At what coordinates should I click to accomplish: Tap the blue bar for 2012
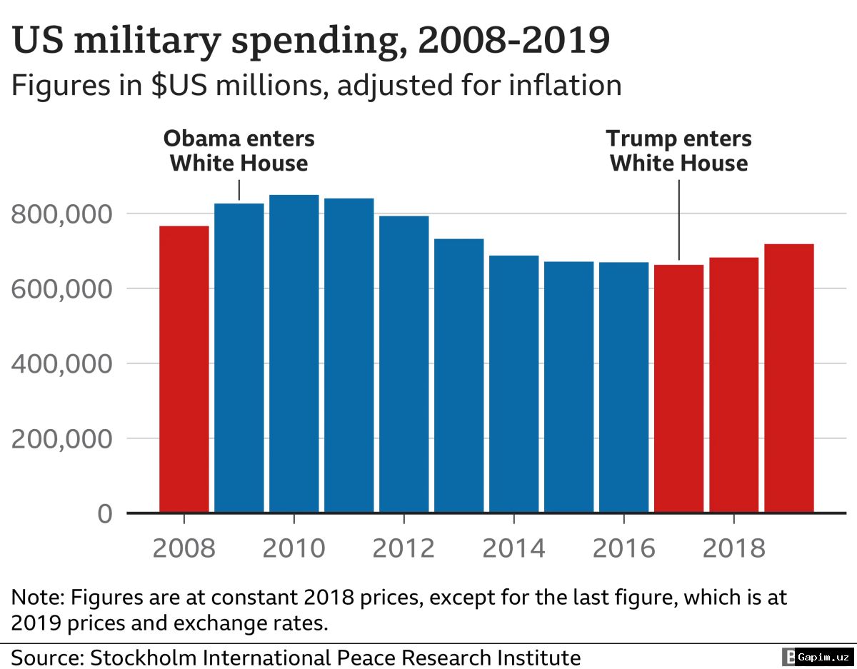coord(404,364)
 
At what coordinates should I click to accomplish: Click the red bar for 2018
coord(734,385)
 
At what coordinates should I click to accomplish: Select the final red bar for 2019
coord(789,378)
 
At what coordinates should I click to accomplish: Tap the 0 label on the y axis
coord(104,514)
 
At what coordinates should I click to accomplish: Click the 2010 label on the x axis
coord(294,548)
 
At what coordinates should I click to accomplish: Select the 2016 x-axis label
coord(623,548)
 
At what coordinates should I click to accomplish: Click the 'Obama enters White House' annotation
coord(239,151)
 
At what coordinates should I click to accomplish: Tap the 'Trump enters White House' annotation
coord(678,151)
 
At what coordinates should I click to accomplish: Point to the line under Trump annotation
coord(679,218)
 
